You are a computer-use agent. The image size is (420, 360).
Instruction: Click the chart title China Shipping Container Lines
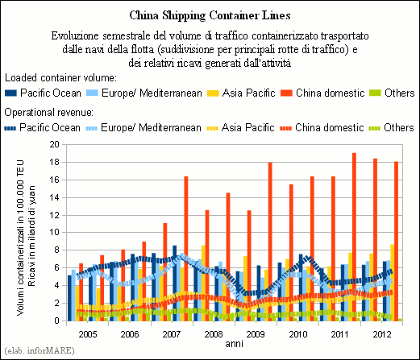click(x=210, y=15)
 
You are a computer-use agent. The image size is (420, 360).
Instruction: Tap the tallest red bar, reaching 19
click(x=354, y=237)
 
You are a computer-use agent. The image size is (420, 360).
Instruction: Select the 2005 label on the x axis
click(x=88, y=334)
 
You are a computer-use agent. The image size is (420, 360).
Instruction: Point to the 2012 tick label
click(x=382, y=334)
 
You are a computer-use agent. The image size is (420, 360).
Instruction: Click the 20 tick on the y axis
click(x=54, y=144)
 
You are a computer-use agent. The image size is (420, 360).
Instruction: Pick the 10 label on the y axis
click(x=54, y=233)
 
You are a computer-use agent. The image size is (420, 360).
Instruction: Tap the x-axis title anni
click(x=234, y=344)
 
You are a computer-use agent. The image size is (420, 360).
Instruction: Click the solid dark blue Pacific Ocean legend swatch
click(x=10, y=93)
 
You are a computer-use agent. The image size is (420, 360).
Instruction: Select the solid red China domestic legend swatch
click(x=286, y=93)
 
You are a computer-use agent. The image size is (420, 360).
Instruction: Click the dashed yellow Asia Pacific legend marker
click(x=212, y=128)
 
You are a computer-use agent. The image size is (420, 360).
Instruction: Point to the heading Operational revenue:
click(x=49, y=113)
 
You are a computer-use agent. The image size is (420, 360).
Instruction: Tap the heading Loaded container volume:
click(x=60, y=78)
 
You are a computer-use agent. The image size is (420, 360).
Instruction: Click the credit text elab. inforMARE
click(x=40, y=350)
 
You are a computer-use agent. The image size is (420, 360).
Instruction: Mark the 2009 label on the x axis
click(x=256, y=334)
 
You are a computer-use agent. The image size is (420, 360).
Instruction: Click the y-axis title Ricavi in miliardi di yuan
click(x=31, y=236)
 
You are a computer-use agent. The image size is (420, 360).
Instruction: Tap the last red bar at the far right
click(x=396, y=241)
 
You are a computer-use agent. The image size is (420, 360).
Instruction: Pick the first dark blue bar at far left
click(x=69, y=298)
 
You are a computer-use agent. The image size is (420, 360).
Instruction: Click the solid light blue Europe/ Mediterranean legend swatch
click(x=92, y=93)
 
